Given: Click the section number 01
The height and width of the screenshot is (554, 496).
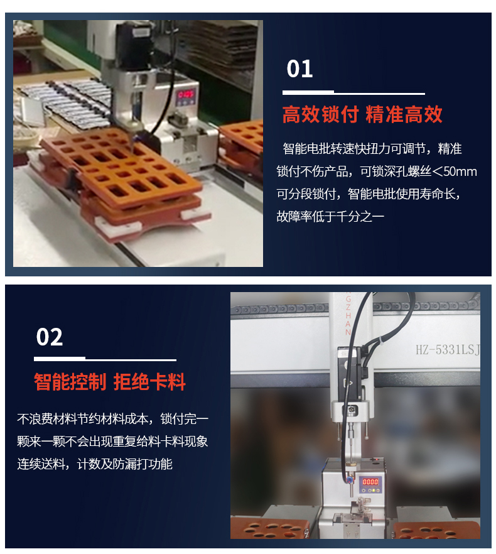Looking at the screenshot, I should click(x=299, y=69).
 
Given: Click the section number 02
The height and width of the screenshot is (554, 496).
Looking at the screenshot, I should click(x=50, y=337).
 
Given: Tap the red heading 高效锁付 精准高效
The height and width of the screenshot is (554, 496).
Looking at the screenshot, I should click(x=362, y=114).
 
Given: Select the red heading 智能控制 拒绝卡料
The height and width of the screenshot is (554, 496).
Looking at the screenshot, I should click(x=110, y=381).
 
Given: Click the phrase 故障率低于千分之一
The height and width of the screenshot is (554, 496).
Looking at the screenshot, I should click(x=330, y=217).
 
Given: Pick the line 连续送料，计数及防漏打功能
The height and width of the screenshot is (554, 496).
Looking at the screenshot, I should click(x=95, y=464).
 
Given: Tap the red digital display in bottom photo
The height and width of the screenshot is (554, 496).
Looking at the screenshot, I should click(x=370, y=482).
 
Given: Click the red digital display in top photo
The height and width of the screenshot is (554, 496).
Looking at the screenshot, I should click(x=186, y=95).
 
